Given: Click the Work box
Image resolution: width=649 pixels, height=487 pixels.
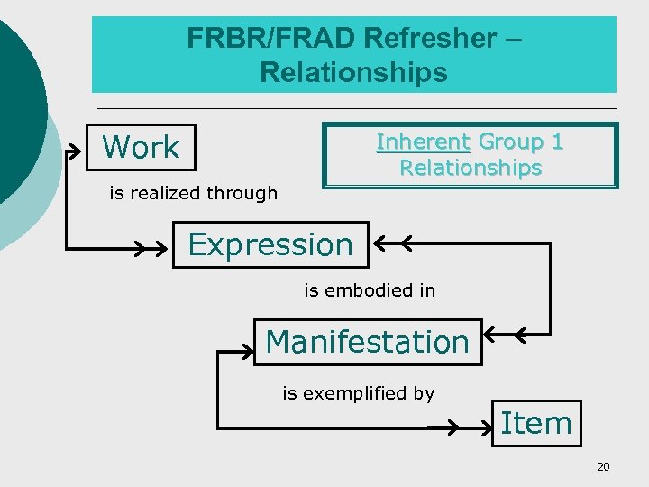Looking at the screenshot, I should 141,147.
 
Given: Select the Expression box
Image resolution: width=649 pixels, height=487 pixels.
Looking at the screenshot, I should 270,244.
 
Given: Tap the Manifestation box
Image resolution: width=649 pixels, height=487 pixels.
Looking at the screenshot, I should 368,342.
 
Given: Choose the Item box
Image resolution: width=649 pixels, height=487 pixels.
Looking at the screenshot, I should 536,423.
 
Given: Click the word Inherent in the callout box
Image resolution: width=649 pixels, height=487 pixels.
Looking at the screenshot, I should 423,142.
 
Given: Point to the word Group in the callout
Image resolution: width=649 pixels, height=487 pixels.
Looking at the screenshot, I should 511,142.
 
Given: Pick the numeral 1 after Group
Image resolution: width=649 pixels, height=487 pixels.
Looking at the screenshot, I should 557,142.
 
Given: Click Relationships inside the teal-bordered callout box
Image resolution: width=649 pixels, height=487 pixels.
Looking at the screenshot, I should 471,169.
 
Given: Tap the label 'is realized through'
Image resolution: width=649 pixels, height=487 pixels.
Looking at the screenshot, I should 193,193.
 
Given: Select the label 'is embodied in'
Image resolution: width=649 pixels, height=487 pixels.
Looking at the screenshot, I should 370,290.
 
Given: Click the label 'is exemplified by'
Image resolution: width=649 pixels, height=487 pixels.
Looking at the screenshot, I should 359,393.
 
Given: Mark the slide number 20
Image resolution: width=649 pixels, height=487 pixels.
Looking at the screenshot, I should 603,466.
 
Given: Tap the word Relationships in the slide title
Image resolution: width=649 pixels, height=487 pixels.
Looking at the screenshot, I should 353,72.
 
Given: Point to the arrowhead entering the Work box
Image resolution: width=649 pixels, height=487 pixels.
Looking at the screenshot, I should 73,149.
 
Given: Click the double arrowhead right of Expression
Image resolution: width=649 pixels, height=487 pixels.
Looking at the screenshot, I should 393,243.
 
